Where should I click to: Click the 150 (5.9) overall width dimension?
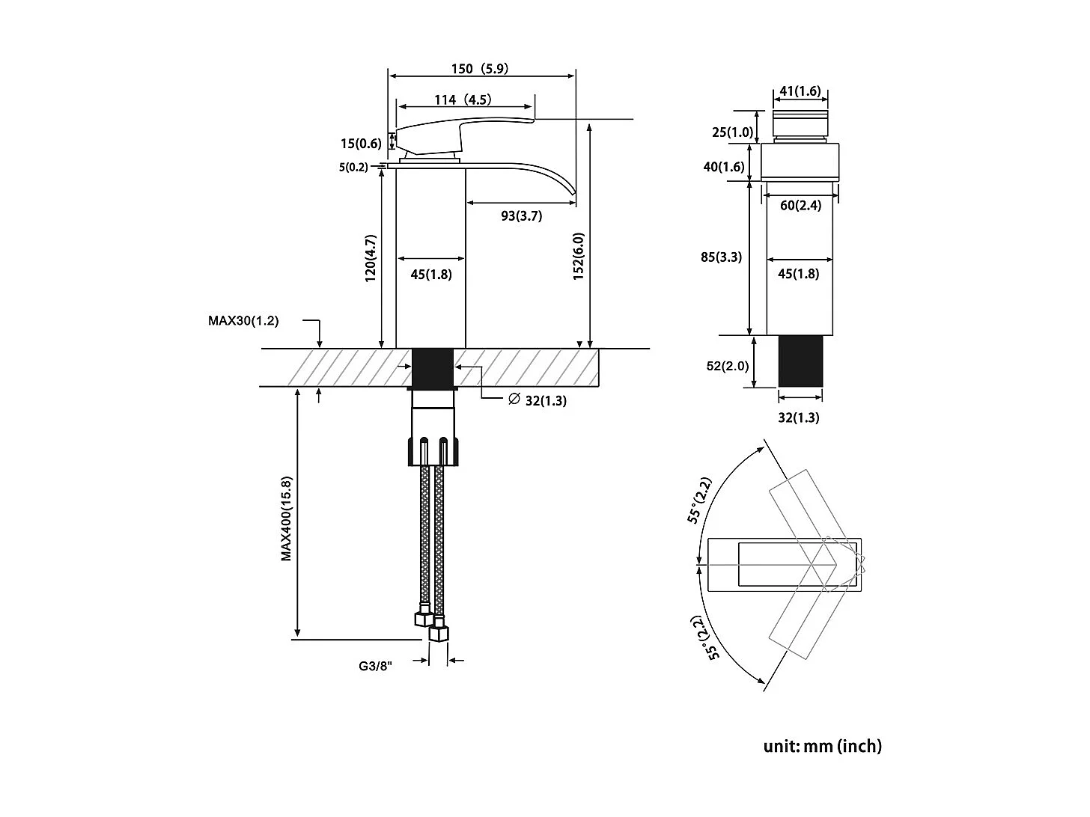click(479, 69)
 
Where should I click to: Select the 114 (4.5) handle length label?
click(463, 100)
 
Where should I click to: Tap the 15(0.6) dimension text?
click(361, 144)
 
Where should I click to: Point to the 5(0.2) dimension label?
click(353, 168)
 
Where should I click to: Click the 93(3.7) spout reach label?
click(521, 216)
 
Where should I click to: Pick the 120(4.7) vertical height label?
click(370, 258)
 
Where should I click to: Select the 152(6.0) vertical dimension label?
click(579, 257)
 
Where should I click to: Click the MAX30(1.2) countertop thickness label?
click(243, 321)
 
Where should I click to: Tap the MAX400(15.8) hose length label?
click(287, 518)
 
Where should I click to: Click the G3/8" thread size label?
click(375, 665)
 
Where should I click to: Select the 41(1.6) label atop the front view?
click(800, 91)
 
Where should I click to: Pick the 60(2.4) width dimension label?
click(800, 206)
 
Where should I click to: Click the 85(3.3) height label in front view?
click(721, 257)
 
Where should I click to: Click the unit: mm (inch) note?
click(822, 746)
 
